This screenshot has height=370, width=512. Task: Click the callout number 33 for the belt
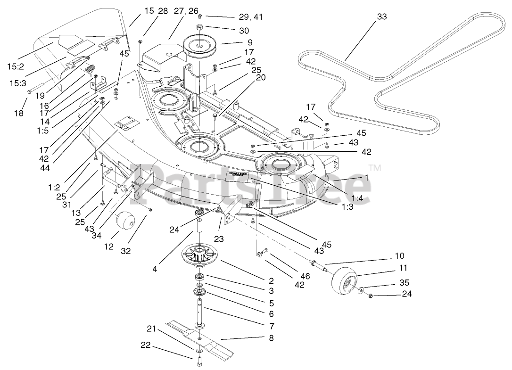pos(382,16)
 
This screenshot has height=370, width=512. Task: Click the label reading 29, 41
pos(250,17)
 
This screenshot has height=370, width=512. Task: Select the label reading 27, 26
pos(186,10)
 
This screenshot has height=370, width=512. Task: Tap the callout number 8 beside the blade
pos(271,337)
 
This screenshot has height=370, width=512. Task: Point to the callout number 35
pos(404,283)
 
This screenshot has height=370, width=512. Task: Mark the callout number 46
pos(305,276)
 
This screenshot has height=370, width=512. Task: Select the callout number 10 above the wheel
pos(399,256)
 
